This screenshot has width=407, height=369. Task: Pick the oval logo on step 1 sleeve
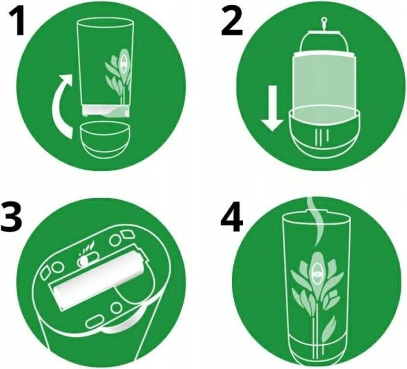[124, 63]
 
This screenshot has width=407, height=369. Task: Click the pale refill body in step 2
[324, 83]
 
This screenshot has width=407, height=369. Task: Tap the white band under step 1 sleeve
[106, 111]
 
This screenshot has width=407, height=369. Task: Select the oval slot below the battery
[93, 322]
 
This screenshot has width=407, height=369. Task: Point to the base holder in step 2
[324, 133]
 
